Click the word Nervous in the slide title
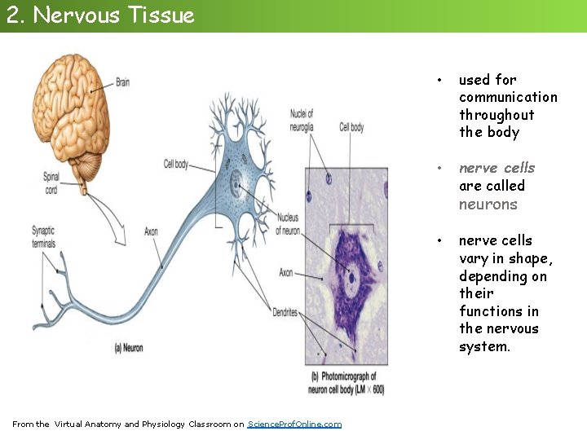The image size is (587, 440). click(x=68, y=15)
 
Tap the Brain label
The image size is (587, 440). click(x=122, y=81)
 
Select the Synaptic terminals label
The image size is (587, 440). click(x=44, y=236)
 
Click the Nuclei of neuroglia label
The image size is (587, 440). click(x=302, y=120)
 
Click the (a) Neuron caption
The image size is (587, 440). click(x=128, y=347)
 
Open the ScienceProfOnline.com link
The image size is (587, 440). click(x=294, y=424)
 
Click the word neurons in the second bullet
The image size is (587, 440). click(x=488, y=205)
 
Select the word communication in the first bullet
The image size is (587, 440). click(x=508, y=97)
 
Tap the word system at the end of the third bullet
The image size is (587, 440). click(x=483, y=346)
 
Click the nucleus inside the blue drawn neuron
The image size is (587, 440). click(x=236, y=184)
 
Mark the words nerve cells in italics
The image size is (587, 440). click(x=497, y=168)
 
